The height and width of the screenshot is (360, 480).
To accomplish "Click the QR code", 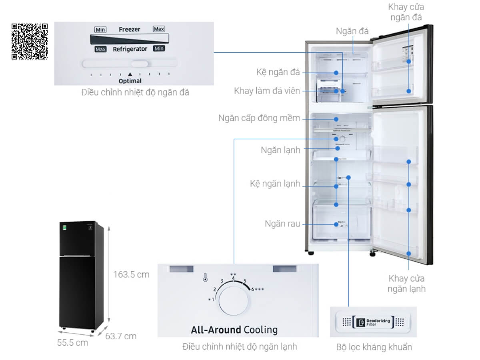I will pyautogui.click(x=30, y=42).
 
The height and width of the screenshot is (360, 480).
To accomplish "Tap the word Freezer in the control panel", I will pyautogui.click(x=130, y=30).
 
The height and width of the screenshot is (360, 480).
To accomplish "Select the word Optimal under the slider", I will pyautogui.click(x=130, y=81).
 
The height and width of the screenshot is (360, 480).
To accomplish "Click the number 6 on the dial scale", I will pyautogui.click(x=253, y=289).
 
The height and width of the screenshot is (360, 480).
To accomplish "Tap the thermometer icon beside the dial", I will pyautogui.click(x=205, y=277).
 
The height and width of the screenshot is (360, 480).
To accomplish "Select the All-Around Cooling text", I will pyautogui.click(x=234, y=330).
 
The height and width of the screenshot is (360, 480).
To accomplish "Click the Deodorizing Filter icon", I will pyautogui.click(x=361, y=322).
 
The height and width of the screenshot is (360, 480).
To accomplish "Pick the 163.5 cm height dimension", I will pyautogui.click(x=131, y=274).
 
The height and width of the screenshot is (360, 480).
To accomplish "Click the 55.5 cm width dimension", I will pyautogui.click(x=73, y=342).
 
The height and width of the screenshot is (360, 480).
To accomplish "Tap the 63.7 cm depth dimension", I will pyautogui.click(x=121, y=336).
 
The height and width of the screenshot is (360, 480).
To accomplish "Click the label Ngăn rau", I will pyautogui.click(x=282, y=224).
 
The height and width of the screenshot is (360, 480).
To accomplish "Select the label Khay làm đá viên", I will pyautogui.click(x=267, y=91).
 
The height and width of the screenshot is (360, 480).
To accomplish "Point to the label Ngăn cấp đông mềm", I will pyautogui.click(x=259, y=118).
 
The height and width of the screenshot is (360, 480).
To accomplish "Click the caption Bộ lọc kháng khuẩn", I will pyautogui.click(x=374, y=347).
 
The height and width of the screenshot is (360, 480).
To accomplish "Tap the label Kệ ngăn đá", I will pyautogui.click(x=278, y=72).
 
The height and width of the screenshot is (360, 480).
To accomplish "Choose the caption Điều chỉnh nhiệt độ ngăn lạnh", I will pyautogui.click(x=240, y=346).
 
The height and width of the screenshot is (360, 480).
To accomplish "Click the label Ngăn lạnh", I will pyautogui.click(x=280, y=150).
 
